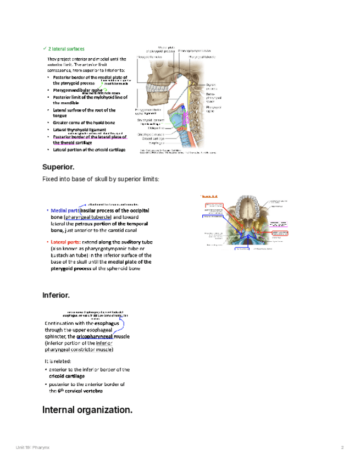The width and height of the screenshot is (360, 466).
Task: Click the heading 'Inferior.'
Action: click(56, 296)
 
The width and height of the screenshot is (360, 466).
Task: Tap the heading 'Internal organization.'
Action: click(87, 410)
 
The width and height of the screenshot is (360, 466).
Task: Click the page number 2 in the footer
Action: click(342, 448)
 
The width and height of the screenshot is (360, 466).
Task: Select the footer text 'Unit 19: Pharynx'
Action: click(32, 448)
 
